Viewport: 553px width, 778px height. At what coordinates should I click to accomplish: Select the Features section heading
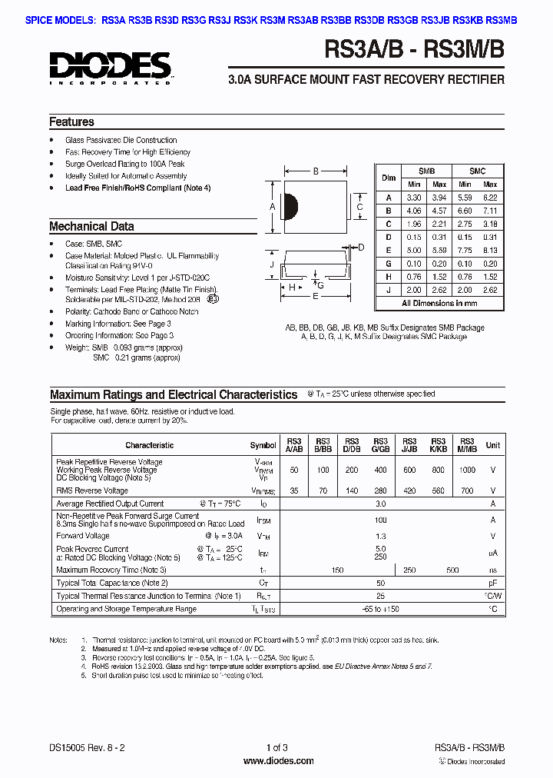(71, 122)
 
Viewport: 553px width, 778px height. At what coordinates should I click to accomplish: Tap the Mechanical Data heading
(91, 227)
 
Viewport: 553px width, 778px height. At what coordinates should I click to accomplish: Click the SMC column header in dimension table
(477, 171)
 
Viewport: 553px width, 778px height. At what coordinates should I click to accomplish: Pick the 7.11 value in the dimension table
(490, 210)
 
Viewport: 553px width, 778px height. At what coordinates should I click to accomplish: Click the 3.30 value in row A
(414, 197)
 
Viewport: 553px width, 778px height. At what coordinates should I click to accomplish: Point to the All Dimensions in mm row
(439, 303)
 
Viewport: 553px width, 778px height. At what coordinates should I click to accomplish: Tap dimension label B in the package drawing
(315, 171)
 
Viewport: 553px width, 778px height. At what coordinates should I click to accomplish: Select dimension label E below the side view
(314, 296)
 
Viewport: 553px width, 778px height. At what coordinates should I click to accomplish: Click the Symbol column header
(263, 445)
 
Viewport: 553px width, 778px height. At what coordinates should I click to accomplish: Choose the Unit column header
(492, 445)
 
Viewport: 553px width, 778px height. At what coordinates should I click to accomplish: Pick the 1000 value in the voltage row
(466, 469)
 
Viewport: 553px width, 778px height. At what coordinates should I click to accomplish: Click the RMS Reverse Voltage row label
(92, 490)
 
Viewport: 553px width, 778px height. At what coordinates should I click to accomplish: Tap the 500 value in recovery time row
(452, 570)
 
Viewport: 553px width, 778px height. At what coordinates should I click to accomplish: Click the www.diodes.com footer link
(278, 761)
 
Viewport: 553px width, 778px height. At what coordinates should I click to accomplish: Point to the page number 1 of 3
(277, 748)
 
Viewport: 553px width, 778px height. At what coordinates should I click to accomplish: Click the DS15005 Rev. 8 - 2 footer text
(84, 748)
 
